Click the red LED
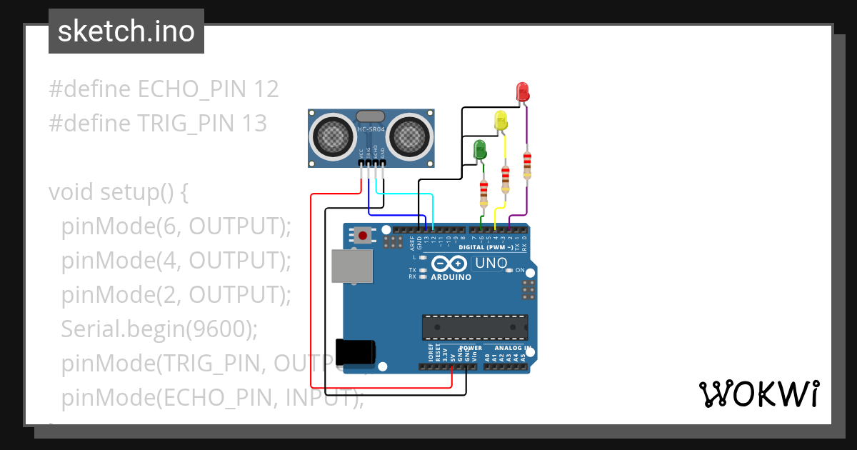click(x=522, y=91)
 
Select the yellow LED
click(x=501, y=120)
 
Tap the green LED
click(x=480, y=150)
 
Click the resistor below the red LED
click(x=527, y=165)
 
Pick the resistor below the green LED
click(x=483, y=191)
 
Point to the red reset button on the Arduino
click(x=364, y=235)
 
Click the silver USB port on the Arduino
click(x=351, y=265)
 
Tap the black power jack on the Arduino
click(x=355, y=351)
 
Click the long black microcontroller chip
click(x=475, y=326)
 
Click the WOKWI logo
click(x=758, y=394)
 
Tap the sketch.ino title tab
click(x=126, y=31)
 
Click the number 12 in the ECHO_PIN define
click(x=266, y=89)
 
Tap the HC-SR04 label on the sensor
click(x=371, y=129)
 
